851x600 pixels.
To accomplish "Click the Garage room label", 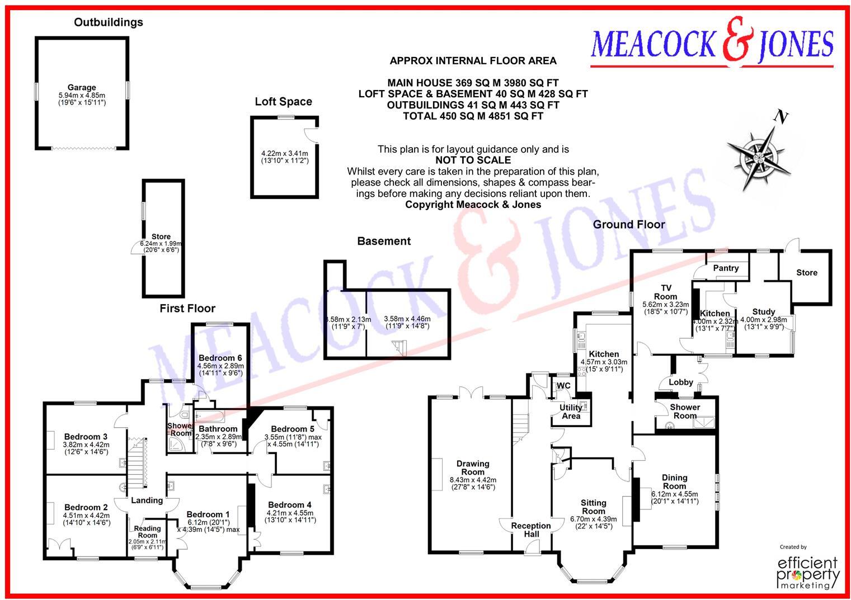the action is click(82, 88).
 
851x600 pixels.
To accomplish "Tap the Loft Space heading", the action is click(283, 102).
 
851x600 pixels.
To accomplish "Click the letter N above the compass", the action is click(781, 117).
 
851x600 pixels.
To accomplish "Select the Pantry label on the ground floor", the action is click(726, 268).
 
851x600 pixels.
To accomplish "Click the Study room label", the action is click(763, 312).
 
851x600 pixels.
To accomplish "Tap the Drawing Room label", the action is click(473, 467).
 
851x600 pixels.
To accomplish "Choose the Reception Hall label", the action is click(531, 530).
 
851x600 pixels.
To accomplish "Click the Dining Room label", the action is click(674, 481).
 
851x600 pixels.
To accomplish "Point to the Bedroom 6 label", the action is click(220, 358).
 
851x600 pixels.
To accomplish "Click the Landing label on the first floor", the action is click(147, 500).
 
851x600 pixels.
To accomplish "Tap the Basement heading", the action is click(384, 242).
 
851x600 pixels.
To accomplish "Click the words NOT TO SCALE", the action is click(473, 160).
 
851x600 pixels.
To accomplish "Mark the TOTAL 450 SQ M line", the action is click(473, 116).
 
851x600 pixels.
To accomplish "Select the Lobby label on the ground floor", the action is click(681, 382).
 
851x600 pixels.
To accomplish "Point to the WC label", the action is click(563, 386).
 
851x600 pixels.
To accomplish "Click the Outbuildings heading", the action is click(109, 22).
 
